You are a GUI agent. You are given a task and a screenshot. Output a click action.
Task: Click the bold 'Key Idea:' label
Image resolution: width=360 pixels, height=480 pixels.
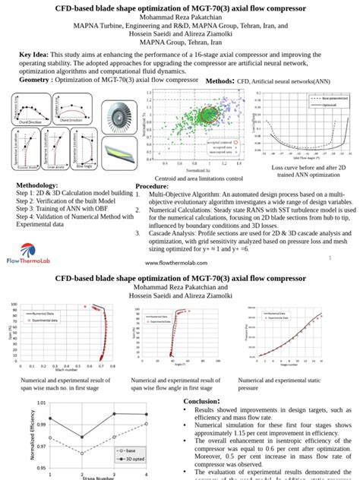click(34, 55)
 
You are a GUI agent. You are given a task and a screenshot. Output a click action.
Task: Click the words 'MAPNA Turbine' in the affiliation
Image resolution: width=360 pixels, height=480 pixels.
click(96, 24)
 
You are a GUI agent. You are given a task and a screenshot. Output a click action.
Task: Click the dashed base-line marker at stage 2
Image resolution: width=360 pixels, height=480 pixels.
click(82, 453)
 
